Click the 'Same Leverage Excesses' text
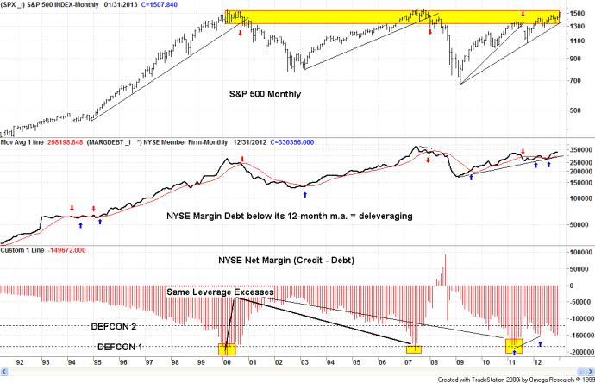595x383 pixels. (221, 293)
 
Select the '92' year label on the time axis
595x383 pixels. (19, 364)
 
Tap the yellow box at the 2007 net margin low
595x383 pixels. (414, 349)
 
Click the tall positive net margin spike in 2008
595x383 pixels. (446, 276)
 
